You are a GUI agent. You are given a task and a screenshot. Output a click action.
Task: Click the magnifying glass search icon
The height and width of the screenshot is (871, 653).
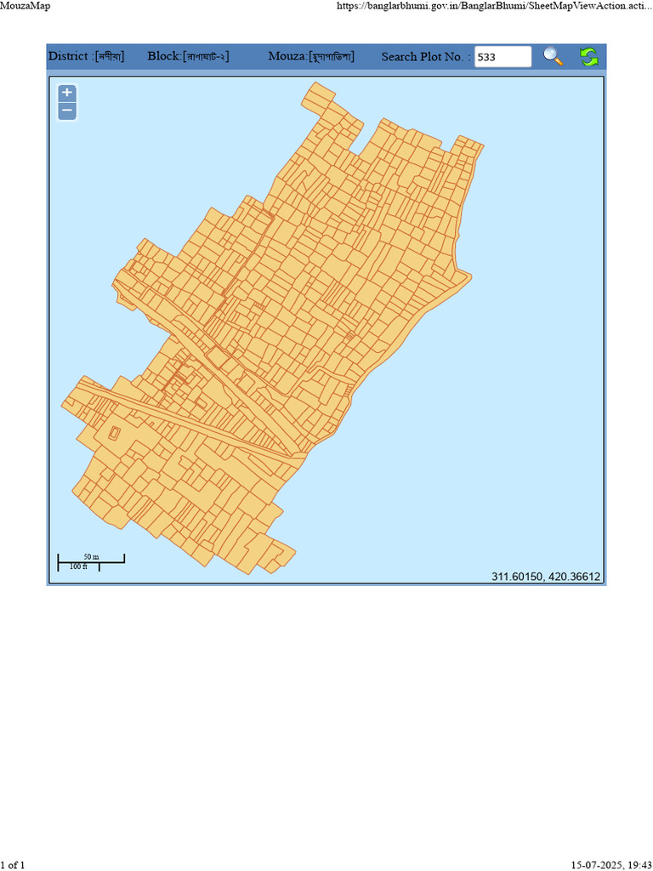coord(554,57)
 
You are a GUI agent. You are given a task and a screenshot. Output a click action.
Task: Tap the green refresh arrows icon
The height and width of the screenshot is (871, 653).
coord(588,57)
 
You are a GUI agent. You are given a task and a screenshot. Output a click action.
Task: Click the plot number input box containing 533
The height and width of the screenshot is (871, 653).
coord(503,57)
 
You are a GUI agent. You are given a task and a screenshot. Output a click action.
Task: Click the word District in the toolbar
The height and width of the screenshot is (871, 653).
coord(68,56)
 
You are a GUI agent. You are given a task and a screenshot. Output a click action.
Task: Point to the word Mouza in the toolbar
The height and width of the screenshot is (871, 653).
coord(287,56)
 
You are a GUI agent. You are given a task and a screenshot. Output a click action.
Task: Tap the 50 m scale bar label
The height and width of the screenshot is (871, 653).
coord(91,557)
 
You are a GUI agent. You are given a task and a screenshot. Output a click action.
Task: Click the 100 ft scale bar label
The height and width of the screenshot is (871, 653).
coord(78,566)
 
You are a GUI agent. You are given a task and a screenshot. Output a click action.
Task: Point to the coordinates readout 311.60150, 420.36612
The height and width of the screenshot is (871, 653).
coord(546,577)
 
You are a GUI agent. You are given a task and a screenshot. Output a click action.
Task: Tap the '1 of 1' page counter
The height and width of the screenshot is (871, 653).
coord(13,865)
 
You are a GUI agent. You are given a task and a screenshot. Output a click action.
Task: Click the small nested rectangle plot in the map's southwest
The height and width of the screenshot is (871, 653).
coord(115,433)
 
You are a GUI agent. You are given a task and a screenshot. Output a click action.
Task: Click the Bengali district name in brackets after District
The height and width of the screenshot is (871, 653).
coord(110,57)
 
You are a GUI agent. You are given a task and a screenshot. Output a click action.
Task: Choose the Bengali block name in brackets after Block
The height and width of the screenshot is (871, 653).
coord(207,57)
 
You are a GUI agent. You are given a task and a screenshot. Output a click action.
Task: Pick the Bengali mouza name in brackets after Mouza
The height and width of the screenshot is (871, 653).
coord(331,57)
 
